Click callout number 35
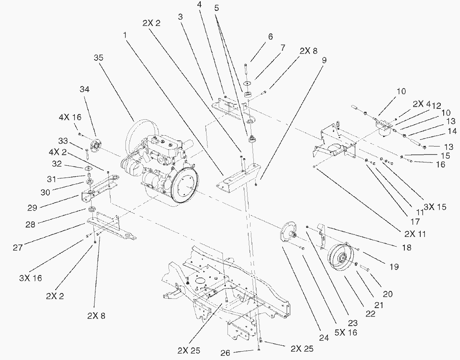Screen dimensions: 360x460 [98, 58]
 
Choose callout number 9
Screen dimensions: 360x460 [324, 60]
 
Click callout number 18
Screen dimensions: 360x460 [406, 247]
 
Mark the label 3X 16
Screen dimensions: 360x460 [30, 278]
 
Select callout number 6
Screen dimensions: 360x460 [270, 37]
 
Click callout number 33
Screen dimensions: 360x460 [63, 140]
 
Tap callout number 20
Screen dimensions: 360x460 [388, 294]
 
